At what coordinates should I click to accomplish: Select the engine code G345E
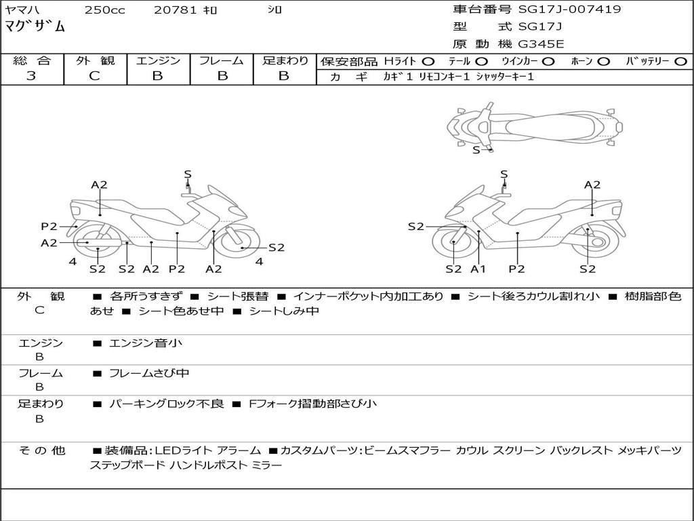point(541,45)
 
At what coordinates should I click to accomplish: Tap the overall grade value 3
point(31,76)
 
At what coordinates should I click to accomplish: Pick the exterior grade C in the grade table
point(94,76)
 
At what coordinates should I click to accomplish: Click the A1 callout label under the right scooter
point(478,269)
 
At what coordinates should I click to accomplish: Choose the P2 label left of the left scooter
point(49,227)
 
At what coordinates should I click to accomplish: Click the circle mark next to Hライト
point(428,62)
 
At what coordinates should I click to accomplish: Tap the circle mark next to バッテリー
point(680,62)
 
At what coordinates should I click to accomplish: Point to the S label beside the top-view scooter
point(476,150)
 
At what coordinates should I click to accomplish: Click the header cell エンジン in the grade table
point(158,60)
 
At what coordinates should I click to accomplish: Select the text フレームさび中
point(149,373)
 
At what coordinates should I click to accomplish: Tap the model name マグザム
point(35,27)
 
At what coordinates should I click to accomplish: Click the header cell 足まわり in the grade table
point(285,60)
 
